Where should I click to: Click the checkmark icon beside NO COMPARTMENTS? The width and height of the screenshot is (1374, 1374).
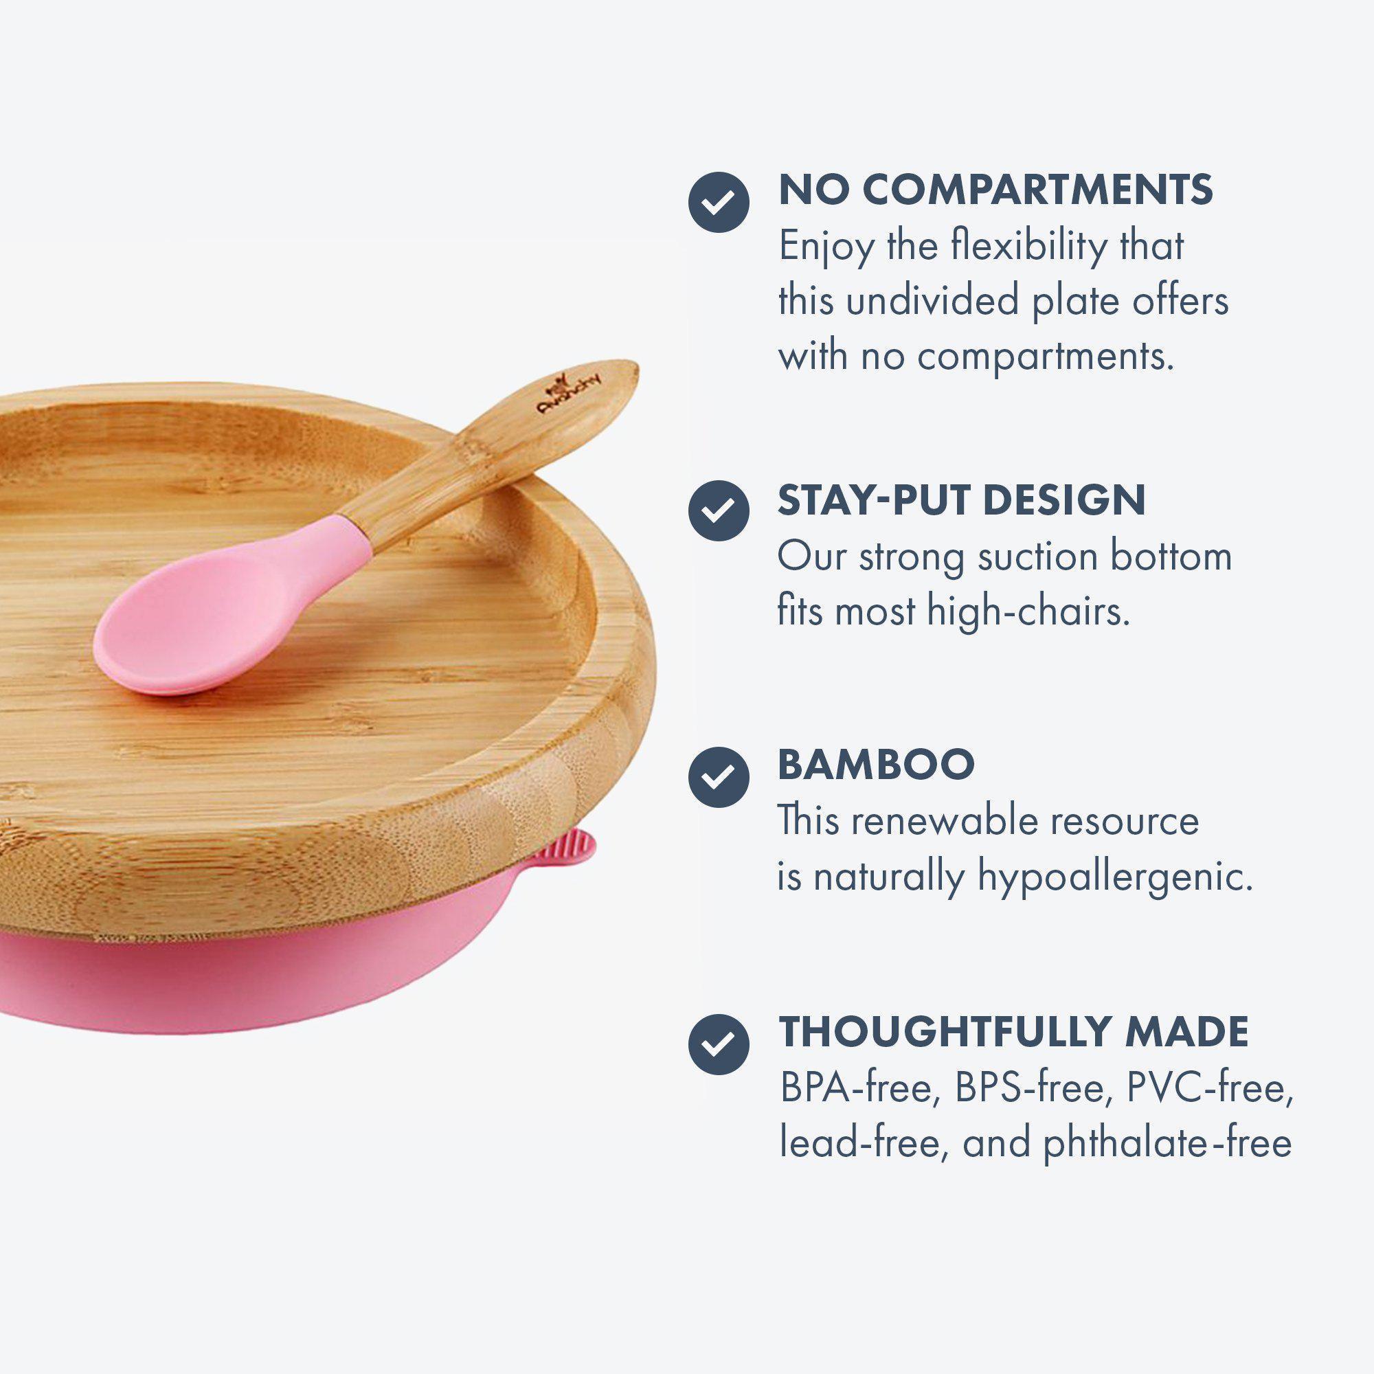coord(719,202)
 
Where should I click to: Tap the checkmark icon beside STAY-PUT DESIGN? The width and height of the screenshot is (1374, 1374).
coord(719,509)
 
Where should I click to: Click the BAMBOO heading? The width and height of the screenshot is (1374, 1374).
coord(876,764)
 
